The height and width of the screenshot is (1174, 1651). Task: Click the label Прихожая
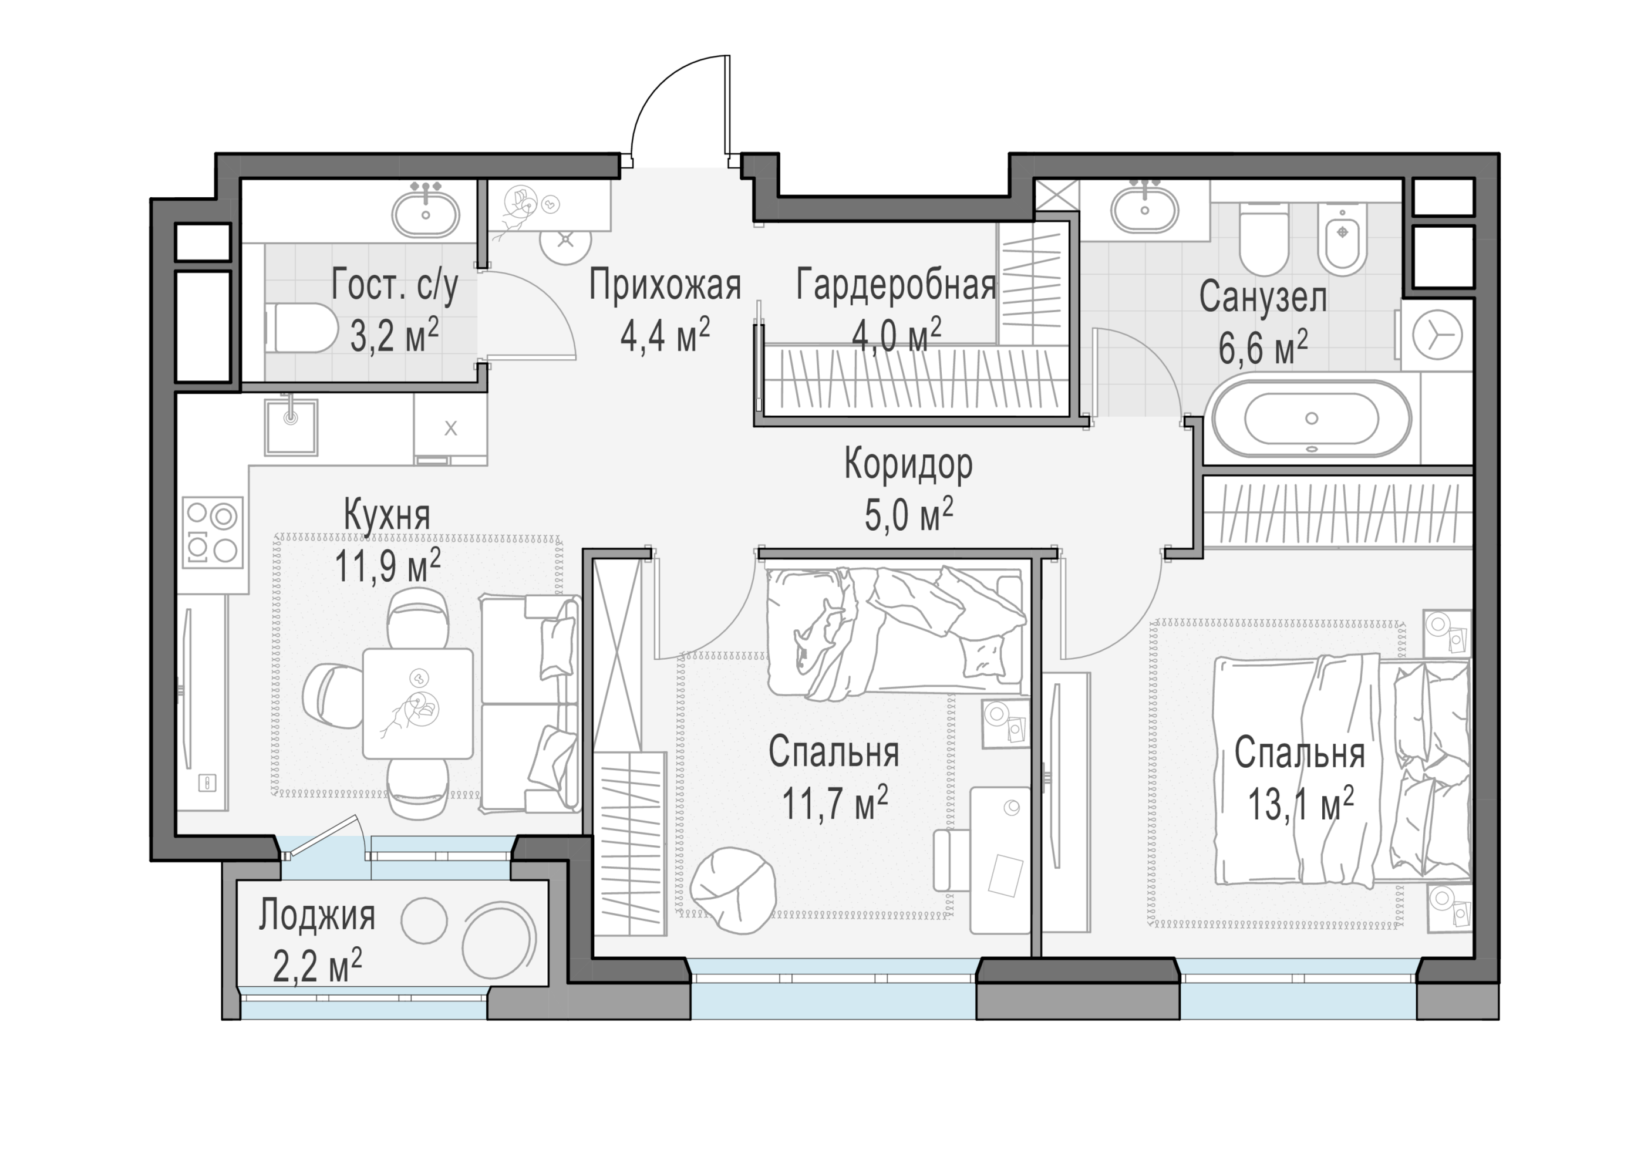coord(665,285)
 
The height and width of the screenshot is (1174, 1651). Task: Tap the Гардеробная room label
coord(897,285)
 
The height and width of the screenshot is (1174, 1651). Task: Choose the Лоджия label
coord(317,916)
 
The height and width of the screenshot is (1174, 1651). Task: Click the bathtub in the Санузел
coord(1311,419)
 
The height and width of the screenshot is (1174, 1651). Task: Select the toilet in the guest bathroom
coord(301,328)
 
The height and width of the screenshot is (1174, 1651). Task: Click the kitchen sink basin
coord(291,427)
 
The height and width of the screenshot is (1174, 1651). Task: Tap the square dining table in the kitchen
coord(418,703)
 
